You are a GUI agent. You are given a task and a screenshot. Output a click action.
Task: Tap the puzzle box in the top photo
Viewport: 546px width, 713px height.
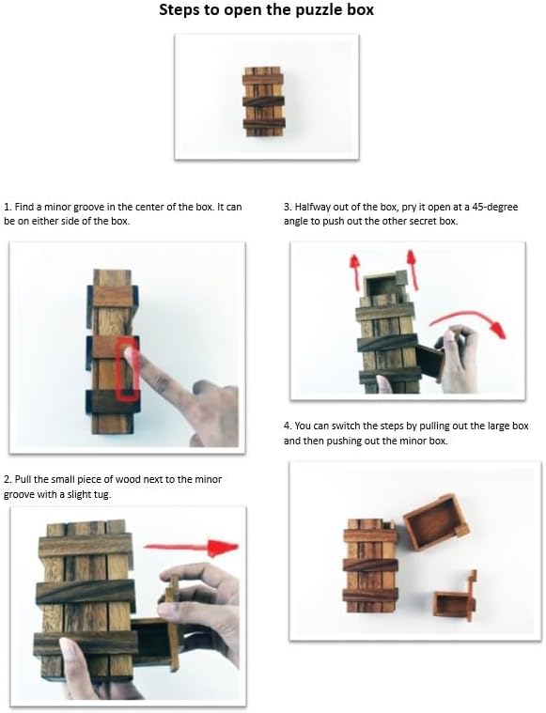coord(264,101)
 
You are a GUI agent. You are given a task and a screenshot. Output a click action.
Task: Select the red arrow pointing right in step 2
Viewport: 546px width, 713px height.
coord(191,547)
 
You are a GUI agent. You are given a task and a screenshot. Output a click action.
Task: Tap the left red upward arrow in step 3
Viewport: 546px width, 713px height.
coord(354,271)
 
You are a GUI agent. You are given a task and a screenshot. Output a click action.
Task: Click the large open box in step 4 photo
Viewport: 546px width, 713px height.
coord(436,523)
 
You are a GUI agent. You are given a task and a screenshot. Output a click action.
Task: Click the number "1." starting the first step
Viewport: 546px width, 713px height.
coord(8,207)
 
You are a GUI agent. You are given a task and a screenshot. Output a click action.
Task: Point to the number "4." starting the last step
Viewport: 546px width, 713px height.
coord(288,426)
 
